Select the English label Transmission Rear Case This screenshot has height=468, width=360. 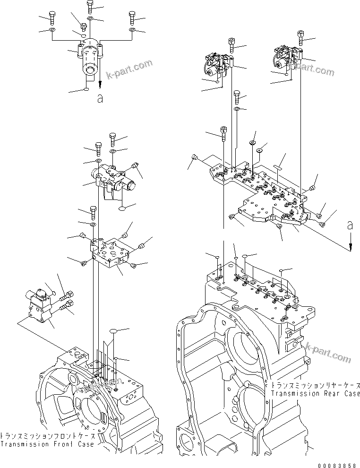point(316,393)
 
